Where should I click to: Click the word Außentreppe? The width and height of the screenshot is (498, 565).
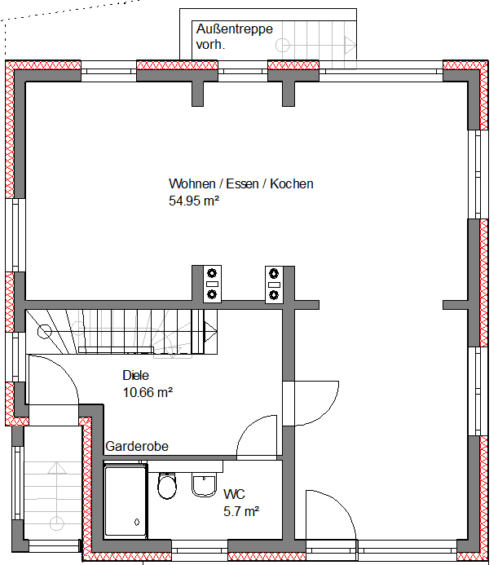pos(234,29)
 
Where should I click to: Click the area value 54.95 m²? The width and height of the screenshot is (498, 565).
pos(196,200)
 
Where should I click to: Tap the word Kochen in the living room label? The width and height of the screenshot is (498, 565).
pos(292,184)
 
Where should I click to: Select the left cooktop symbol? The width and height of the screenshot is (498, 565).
pos(213,283)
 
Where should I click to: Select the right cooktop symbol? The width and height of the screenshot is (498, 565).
pos(274,283)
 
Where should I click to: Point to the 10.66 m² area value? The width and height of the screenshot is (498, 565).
pos(147,392)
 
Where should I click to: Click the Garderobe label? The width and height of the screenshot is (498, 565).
pos(137,446)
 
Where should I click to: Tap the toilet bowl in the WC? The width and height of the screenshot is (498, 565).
pos(167,487)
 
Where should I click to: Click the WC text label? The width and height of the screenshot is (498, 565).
pos(234,494)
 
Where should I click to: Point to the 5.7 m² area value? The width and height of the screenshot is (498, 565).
pos(240,511)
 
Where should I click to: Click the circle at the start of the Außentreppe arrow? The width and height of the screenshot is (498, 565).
pos(283,46)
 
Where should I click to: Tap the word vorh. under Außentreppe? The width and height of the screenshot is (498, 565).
pos(210,46)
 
